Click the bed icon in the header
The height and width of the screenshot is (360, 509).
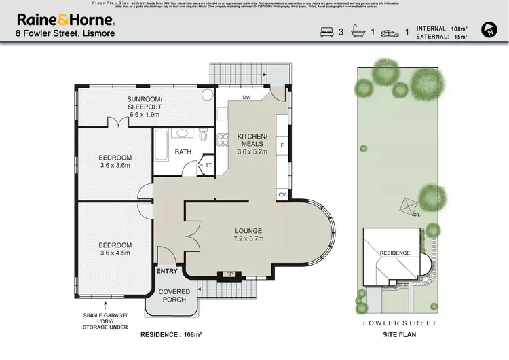click(x=326, y=32)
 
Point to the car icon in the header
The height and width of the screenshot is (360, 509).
click(x=390, y=32)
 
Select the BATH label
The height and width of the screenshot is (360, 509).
click(x=183, y=151)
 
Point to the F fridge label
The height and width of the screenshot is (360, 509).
click(x=282, y=145)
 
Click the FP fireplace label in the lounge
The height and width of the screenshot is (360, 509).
click(x=229, y=274)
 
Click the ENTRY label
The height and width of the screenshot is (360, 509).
click(x=166, y=271)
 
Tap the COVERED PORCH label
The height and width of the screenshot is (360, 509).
click(x=174, y=296)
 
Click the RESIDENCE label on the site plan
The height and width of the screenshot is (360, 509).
click(x=394, y=253)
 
